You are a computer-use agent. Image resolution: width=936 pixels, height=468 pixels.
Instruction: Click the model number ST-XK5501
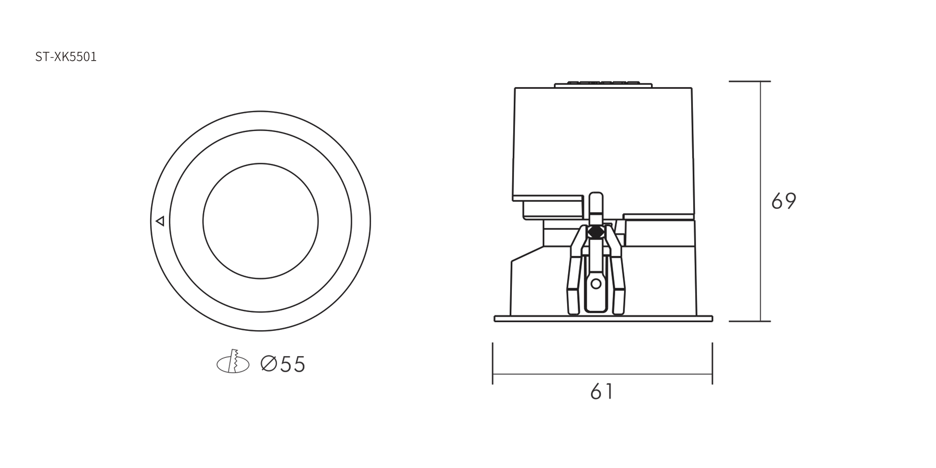tap(66, 57)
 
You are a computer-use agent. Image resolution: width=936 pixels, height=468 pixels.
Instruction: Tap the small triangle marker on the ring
tap(160, 221)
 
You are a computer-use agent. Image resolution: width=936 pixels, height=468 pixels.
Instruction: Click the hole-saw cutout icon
tap(233, 361)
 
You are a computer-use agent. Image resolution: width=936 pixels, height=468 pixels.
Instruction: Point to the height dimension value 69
tap(784, 201)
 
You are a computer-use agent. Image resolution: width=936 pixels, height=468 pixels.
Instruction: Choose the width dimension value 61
tap(602, 391)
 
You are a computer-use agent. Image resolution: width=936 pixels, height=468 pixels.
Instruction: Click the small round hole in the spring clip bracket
tap(596, 284)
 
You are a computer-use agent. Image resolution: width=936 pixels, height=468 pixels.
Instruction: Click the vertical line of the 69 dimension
tap(760, 201)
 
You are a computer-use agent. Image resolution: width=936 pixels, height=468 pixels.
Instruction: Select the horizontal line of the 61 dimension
tap(602, 374)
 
